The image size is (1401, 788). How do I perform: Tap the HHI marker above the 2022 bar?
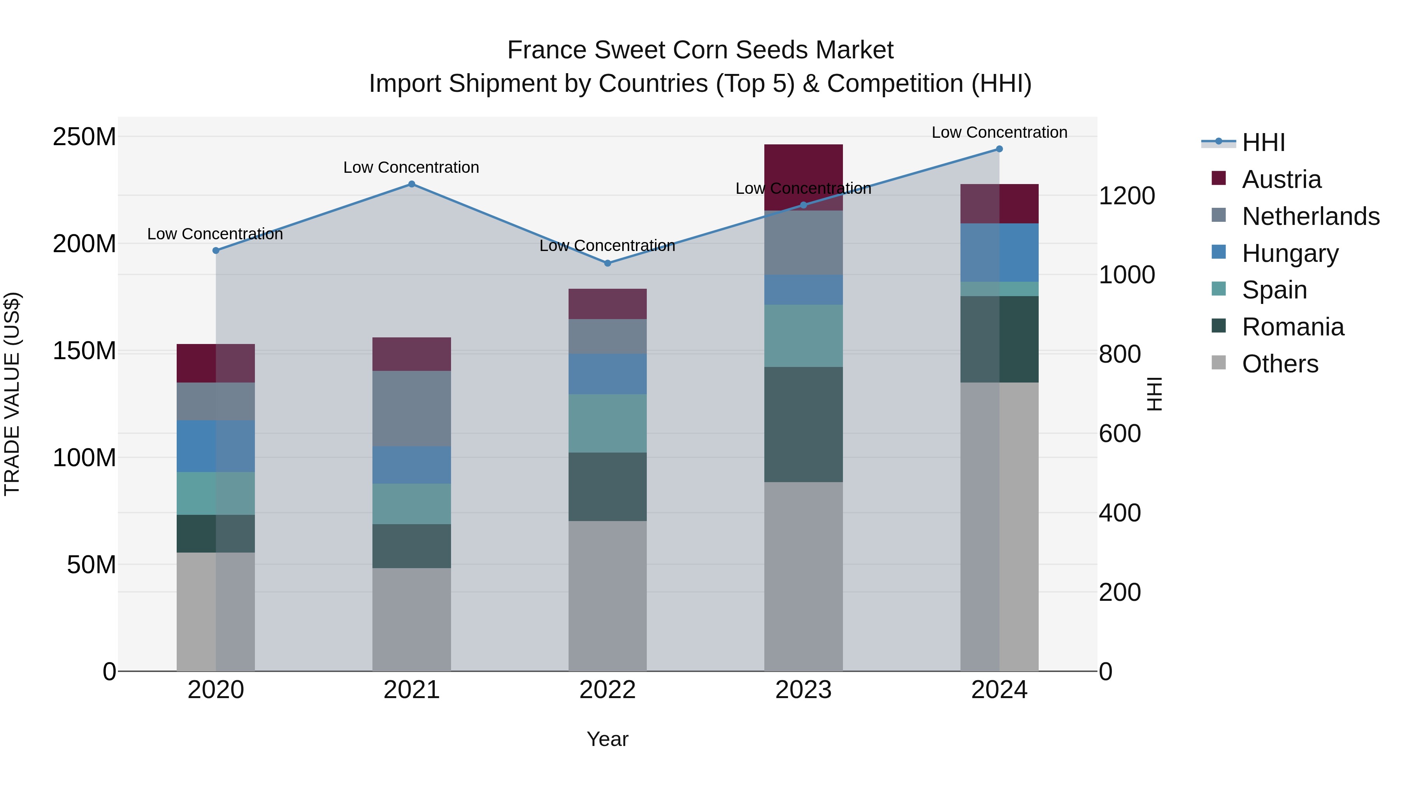pyautogui.click(x=607, y=263)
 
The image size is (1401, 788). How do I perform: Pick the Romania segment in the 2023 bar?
pyautogui.click(x=803, y=424)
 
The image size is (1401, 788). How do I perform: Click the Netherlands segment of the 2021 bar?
pyautogui.click(x=412, y=409)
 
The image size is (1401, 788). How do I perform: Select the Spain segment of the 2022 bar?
pyautogui.click(x=607, y=423)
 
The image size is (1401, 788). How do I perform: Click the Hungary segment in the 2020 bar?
pyautogui.click(x=216, y=446)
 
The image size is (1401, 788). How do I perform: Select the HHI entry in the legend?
pyautogui.click(x=1263, y=142)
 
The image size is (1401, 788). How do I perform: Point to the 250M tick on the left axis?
pyautogui.click(x=84, y=137)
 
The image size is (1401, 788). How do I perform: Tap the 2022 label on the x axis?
pyautogui.click(x=607, y=690)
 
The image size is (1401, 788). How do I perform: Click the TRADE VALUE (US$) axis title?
pyautogui.click(x=12, y=394)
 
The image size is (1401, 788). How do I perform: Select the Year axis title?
pyautogui.click(x=607, y=739)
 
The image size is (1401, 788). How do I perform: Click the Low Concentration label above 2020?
pyautogui.click(x=215, y=234)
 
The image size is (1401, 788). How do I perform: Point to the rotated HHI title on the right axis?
pyautogui.click(x=1153, y=394)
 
